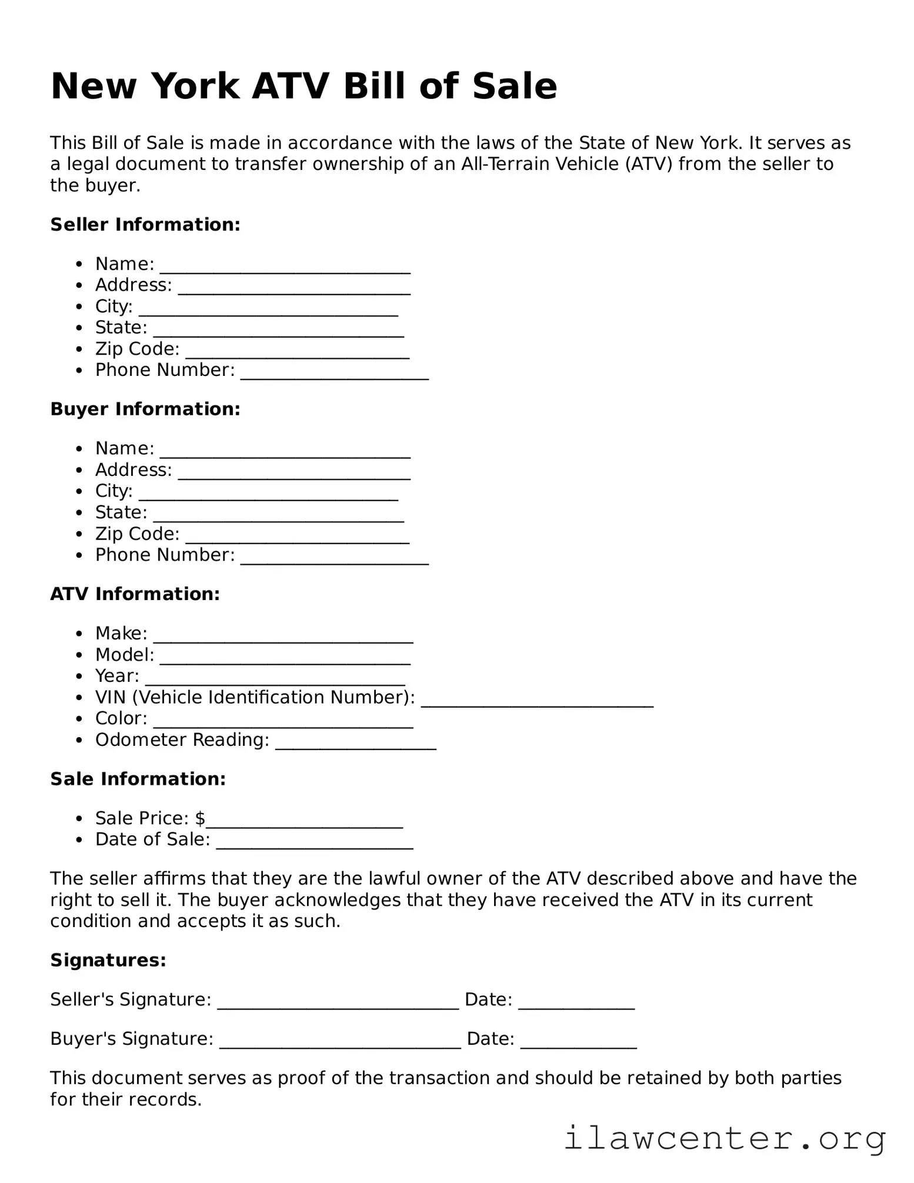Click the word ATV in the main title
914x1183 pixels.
pos(290,86)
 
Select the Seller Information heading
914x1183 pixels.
pos(145,225)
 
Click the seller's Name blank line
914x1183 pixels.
pos(285,268)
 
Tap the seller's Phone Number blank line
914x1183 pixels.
pos(335,374)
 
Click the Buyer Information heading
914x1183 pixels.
pos(145,409)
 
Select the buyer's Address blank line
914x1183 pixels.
pos(294,474)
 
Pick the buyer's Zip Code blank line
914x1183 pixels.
pos(298,538)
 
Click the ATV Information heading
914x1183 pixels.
pos(135,594)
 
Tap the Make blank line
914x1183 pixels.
pos(283,637)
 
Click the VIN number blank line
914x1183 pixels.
pos(537,701)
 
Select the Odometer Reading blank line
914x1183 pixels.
pos(356,744)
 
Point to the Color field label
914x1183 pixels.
pos(121,718)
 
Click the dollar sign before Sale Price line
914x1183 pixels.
pos(200,818)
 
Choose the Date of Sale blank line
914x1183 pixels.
pos(315,844)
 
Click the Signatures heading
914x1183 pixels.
pos(108,961)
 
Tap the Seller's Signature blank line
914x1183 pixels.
pos(338,1004)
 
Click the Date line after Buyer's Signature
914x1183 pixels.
pos(579,1043)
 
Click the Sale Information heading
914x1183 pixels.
pos(138,779)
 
